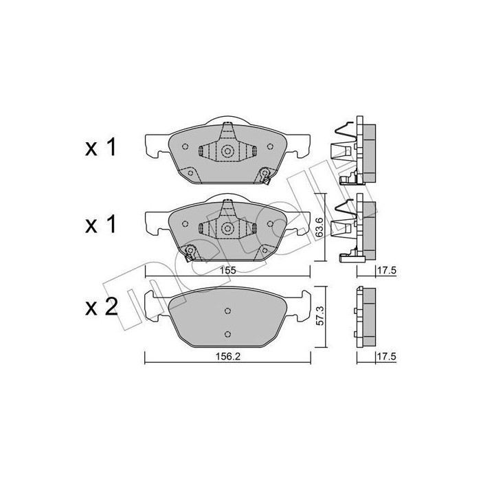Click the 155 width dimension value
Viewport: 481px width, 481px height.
227,270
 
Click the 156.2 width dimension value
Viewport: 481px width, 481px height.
227,357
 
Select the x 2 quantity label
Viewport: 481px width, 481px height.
101,307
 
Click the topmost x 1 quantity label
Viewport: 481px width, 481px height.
100,147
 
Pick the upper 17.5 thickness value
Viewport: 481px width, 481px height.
387,270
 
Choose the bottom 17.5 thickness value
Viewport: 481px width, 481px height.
387,357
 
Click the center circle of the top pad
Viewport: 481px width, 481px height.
227,150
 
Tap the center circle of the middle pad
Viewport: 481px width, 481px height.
227,228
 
